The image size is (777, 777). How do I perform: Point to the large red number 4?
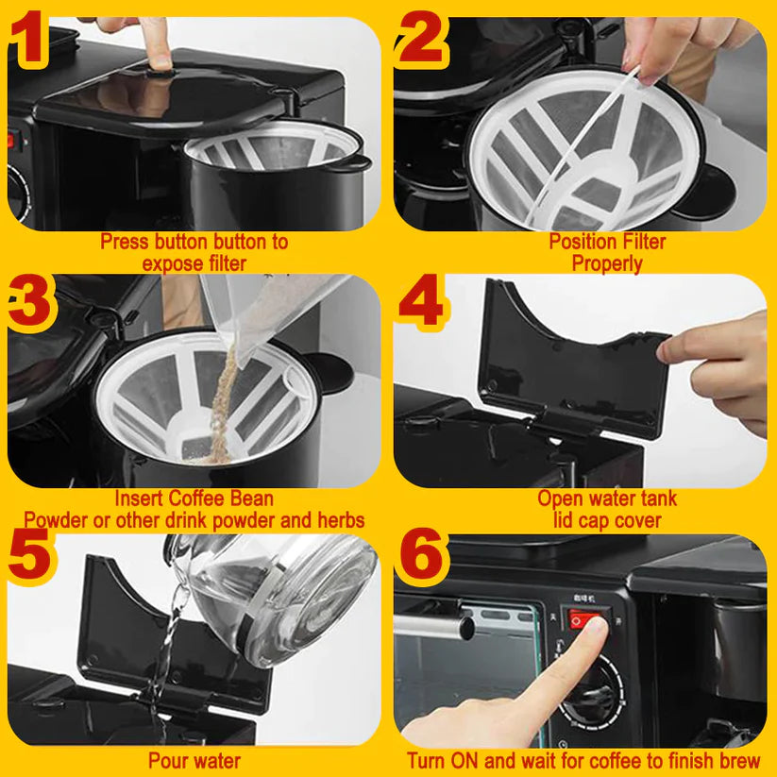point(421,301)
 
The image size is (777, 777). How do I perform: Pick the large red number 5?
point(29,554)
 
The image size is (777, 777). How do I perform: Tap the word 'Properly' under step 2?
point(607,263)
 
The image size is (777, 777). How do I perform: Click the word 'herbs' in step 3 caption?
point(341,520)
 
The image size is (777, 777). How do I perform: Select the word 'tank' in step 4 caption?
point(656,498)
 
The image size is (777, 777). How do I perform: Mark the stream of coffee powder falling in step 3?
point(222,401)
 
